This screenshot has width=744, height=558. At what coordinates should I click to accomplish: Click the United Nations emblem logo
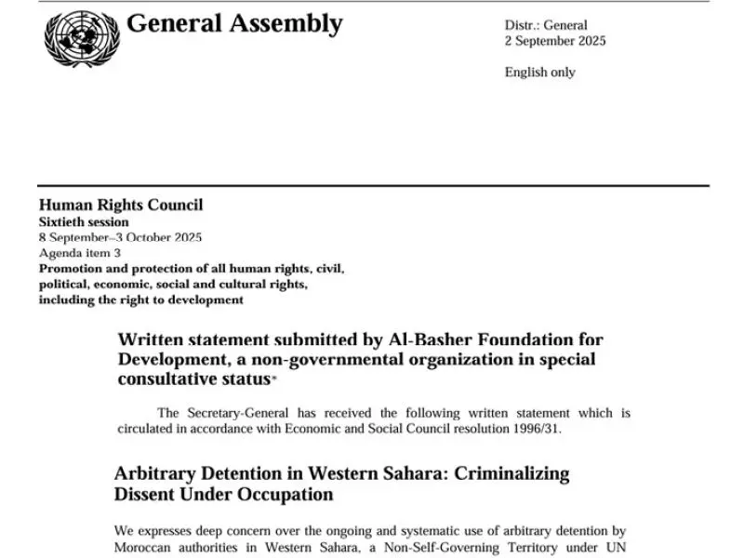tap(82, 38)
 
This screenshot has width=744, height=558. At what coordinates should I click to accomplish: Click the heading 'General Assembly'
tap(234, 24)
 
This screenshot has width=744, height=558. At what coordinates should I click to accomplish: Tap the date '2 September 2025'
tap(555, 41)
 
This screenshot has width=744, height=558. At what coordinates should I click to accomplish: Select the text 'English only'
tap(539, 72)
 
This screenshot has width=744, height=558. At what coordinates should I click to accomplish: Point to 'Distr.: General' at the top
tap(546, 25)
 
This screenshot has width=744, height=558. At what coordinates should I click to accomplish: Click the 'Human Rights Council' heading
tap(121, 206)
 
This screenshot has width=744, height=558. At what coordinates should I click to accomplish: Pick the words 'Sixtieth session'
tap(84, 222)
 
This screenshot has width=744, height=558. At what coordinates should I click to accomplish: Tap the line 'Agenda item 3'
tap(80, 253)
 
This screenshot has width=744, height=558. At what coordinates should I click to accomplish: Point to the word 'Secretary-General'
tap(242, 413)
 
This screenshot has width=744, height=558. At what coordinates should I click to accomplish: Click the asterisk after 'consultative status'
tap(273, 379)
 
